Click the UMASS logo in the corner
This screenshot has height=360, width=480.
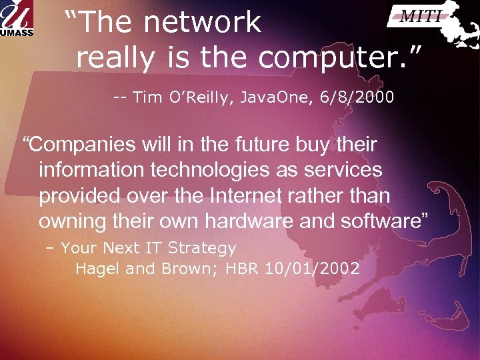pyautogui.click(x=17, y=19)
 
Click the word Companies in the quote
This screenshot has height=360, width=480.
pyautogui.click(x=79, y=145)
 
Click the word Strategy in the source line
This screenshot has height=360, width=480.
pyautogui.click(x=202, y=249)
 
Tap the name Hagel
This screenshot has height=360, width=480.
pyautogui.click(x=97, y=269)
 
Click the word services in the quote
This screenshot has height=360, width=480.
pyautogui.click(x=343, y=170)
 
